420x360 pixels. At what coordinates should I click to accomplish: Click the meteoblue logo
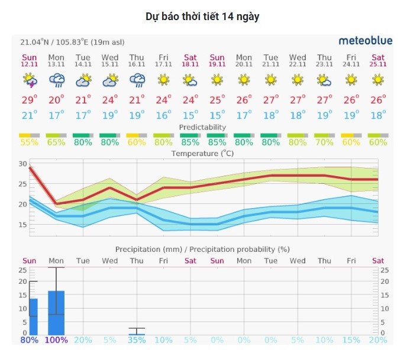(365, 41)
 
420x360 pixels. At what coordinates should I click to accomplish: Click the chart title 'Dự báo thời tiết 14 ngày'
(202, 17)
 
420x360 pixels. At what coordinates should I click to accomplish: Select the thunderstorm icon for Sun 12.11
(30, 80)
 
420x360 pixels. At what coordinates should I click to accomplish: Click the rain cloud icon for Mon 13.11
(57, 80)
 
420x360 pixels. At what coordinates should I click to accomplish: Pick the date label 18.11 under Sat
(190, 64)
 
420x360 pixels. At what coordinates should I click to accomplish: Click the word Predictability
(202, 127)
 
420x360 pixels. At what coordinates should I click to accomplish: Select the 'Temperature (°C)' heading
(202, 154)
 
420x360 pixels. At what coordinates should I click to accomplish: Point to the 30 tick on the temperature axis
(23, 164)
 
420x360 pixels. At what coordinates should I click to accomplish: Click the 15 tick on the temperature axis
(23, 225)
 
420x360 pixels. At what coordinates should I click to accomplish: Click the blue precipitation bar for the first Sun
(33, 316)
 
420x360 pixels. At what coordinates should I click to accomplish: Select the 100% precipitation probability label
(56, 340)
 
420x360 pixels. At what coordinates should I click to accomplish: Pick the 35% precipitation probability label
(137, 340)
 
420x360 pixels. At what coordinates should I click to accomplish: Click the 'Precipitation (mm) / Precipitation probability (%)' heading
(202, 249)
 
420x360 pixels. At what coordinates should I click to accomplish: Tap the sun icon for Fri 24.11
(351, 80)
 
